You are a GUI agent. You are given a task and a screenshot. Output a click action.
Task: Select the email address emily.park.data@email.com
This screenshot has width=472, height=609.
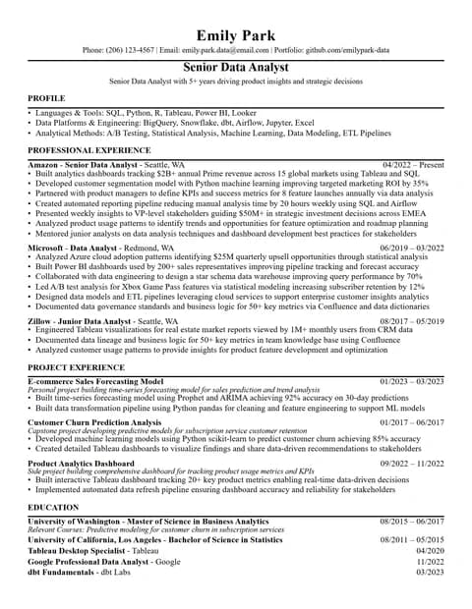coord(227,49)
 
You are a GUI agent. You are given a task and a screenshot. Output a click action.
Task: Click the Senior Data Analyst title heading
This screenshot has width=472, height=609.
coord(236,67)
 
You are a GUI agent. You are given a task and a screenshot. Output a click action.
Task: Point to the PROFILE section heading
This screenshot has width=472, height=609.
coord(46,99)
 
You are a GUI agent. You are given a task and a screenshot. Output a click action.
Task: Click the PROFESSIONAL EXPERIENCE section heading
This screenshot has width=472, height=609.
coord(88,149)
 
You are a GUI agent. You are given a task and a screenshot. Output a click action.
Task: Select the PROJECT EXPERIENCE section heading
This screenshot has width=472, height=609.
coord(76,366)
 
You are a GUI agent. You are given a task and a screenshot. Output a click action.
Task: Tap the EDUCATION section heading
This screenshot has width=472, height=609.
coord(53,507)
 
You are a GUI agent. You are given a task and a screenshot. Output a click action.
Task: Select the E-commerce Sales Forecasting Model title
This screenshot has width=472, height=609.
coord(95,380)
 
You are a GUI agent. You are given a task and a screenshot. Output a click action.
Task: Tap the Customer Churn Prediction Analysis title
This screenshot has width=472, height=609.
coord(94,422)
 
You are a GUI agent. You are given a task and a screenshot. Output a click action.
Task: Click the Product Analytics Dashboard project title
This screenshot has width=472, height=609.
coord(81,463)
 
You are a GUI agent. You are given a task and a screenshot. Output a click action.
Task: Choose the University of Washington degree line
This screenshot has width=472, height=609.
coord(147,521)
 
